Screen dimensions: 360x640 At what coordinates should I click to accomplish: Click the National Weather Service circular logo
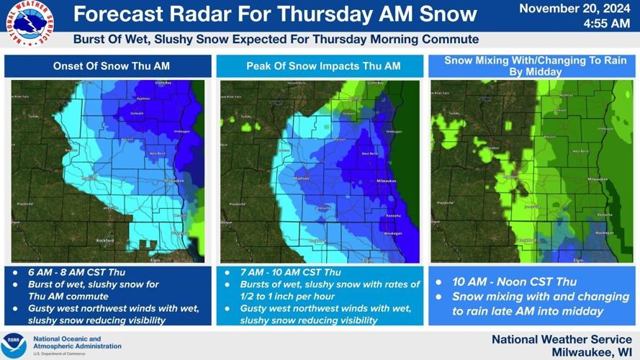point(32,24)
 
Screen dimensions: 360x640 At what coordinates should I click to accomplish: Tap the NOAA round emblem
point(14,344)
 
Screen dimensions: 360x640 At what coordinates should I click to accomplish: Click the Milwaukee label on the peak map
point(388,181)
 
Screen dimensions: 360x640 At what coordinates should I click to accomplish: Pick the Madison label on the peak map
point(302,178)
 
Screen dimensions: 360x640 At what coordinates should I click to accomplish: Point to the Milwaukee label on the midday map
point(598,179)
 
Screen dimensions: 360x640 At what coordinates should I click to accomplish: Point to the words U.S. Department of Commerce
point(55,353)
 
